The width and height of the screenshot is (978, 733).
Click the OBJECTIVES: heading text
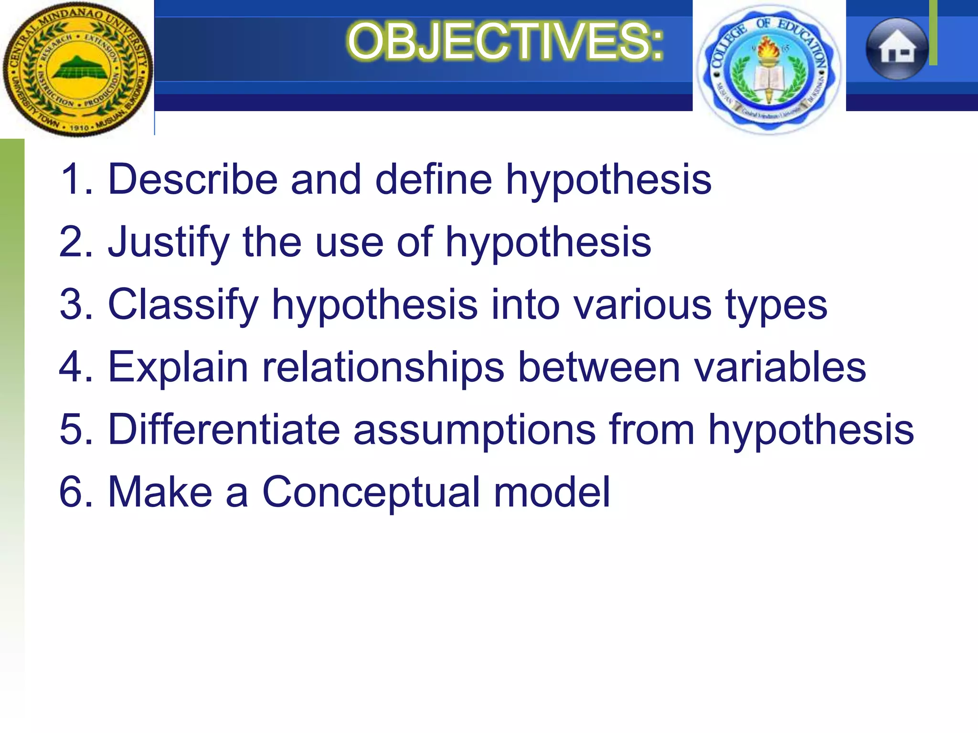[x=505, y=42]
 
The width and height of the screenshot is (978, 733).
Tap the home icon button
[x=897, y=49]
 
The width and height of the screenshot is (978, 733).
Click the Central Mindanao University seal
[x=77, y=69]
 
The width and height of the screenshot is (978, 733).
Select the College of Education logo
[x=768, y=69]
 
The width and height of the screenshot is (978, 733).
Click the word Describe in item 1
[x=193, y=179]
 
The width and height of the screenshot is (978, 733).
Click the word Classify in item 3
[x=183, y=304]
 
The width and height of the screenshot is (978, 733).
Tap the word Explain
[x=178, y=367]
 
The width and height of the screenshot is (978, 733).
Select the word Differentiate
[x=224, y=429]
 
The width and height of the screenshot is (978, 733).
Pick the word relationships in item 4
[x=383, y=367]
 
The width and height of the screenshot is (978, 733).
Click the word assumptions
[x=474, y=429]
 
